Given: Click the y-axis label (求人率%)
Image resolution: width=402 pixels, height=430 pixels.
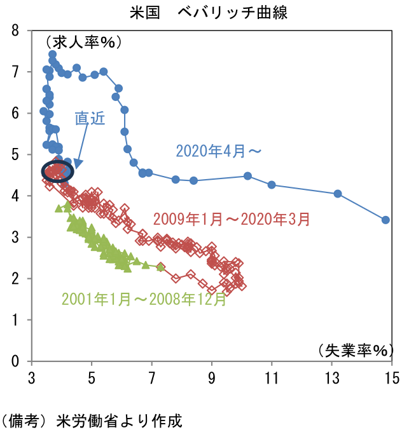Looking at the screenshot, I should click(83, 43).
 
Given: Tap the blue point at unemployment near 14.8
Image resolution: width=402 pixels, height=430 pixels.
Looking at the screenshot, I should click(385, 220).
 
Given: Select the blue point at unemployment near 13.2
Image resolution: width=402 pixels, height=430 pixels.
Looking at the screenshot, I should click(338, 194).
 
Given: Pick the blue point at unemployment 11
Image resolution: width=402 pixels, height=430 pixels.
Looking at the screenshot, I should click(272, 185).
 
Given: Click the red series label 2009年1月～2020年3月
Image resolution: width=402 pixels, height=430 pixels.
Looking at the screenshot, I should click(232, 219).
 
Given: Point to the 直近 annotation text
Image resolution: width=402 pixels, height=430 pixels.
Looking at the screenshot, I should click(90, 119).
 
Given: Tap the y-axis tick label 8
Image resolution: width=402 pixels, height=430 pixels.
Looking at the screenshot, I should click(15, 30).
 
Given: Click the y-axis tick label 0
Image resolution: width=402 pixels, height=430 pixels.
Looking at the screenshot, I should click(15, 361).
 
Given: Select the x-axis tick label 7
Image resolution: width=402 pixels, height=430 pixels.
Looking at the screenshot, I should click(152, 379).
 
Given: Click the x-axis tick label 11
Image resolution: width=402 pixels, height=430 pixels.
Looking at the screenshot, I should click(272, 379).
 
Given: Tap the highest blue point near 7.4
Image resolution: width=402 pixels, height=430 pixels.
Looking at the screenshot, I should click(52, 55).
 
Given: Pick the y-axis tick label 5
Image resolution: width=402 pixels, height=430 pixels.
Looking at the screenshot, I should click(15, 154).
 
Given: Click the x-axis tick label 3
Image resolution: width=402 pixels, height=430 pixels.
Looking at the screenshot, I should click(32, 379).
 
